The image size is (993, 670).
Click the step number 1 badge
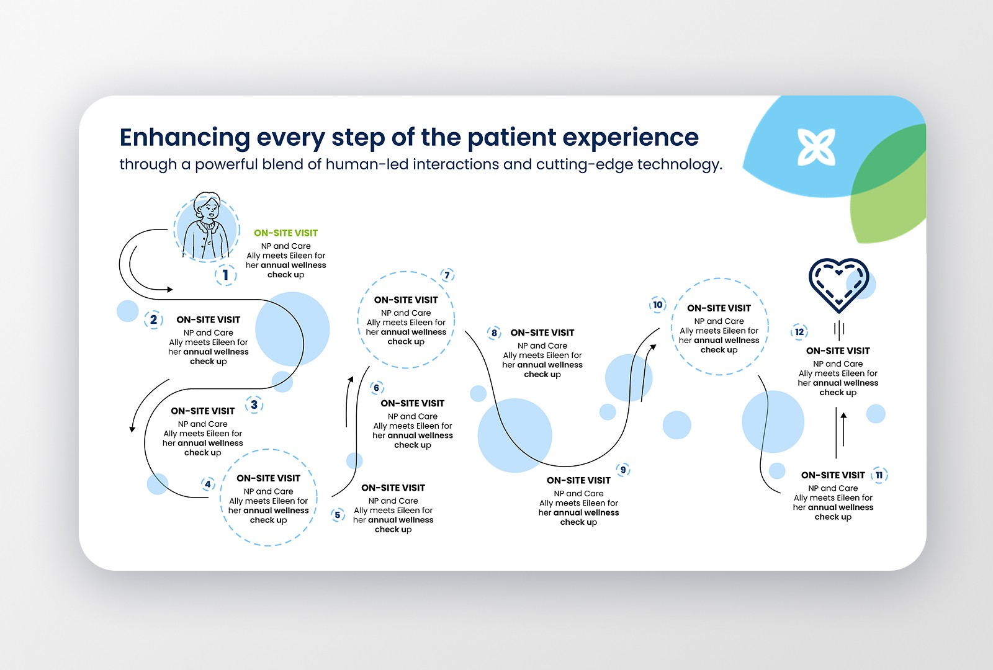click(x=225, y=275)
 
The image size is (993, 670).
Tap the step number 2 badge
click(x=153, y=319)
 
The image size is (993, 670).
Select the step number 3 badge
click(x=254, y=405)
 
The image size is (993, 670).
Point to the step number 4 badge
click(x=208, y=484)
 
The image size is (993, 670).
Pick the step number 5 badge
click(x=338, y=515)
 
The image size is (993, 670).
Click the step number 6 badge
click(x=376, y=388)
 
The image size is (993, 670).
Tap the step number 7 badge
click(x=447, y=275)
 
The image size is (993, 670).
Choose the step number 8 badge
click(x=494, y=333)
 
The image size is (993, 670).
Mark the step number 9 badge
click(x=623, y=470)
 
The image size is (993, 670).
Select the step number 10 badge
click(x=658, y=305)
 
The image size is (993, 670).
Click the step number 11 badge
click(x=879, y=475)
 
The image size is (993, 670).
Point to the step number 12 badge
click(x=799, y=332)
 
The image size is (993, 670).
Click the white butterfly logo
click(x=816, y=147)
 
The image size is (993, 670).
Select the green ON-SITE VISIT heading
click(x=285, y=233)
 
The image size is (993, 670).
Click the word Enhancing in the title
click(x=184, y=137)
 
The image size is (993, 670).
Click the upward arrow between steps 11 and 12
click(x=843, y=428)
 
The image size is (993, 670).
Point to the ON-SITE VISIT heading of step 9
click(x=578, y=480)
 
